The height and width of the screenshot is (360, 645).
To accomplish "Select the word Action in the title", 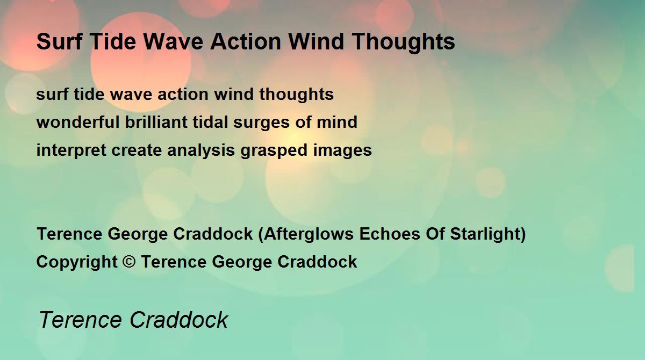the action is (246, 42).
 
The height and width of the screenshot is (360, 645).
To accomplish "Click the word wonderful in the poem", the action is (78, 122).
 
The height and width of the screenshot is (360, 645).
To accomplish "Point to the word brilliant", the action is (156, 122).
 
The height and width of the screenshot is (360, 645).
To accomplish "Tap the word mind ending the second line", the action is (337, 122).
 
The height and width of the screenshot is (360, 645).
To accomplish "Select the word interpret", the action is (71, 151).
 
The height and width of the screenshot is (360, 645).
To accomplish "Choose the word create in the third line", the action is (137, 150).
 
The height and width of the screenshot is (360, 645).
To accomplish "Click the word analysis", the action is (200, 151).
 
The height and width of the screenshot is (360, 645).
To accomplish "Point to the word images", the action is (342, 151).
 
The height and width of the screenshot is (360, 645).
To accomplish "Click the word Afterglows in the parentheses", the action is (309, 234).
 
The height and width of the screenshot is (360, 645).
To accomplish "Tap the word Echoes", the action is (390, 234).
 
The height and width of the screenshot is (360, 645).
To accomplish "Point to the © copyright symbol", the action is (129, 262).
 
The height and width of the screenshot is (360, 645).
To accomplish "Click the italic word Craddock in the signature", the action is (179, 320).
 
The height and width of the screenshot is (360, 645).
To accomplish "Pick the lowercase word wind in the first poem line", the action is (234, 94).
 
